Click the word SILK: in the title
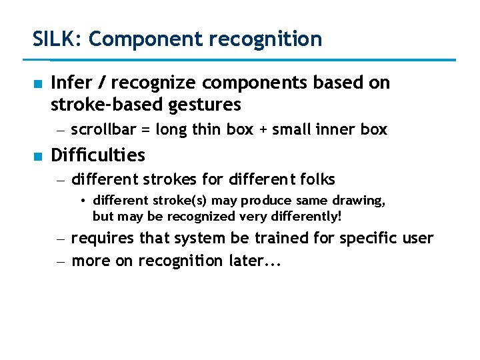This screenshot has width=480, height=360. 57,39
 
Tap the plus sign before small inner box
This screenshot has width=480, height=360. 264,130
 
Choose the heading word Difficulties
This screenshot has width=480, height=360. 98,155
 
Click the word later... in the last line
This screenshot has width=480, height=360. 255,261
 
